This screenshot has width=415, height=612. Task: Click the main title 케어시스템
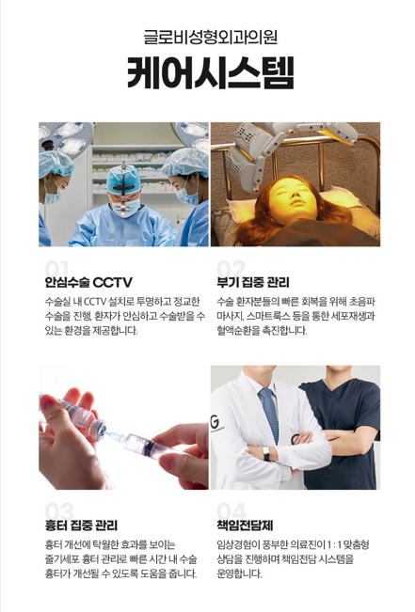(207, 73)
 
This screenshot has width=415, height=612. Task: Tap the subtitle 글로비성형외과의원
(207, 37)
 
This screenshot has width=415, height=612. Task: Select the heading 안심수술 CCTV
(88, 282)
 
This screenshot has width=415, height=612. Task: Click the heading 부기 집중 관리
(253, 282)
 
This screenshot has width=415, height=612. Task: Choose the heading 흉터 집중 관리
(81, 525)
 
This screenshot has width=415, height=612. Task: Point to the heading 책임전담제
(245, 525)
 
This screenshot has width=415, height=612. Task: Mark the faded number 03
(58, 510)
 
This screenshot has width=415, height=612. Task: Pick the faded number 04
(231, 510)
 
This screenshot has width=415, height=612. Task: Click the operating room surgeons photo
(123, 184)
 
